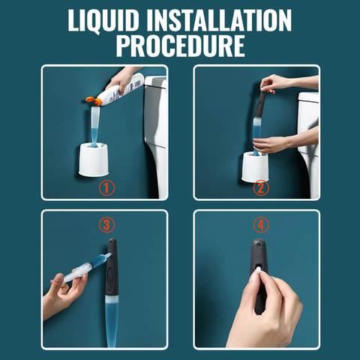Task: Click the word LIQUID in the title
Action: [x=103, y=20]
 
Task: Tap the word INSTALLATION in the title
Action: [x=219, y=20]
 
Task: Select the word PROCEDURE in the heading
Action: [x=180, y=46]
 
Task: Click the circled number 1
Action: [x=106, y=188]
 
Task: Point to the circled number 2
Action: [x=261, y=188]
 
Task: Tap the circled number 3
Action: [x=106, y=225]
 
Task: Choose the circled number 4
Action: [x=261, y=225]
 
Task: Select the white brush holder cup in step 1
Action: [x=94, y=160]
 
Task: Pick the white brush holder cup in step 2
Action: [x=255, y=167]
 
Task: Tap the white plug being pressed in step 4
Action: [x=257, y=270]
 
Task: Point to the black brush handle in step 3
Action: [x=112, y=268]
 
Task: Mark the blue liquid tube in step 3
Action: [x=111, y=322]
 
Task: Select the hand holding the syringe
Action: [x=64, y=295]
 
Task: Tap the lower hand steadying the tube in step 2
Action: [x=280, y=143]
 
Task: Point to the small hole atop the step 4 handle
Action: [x=259, y=242]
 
